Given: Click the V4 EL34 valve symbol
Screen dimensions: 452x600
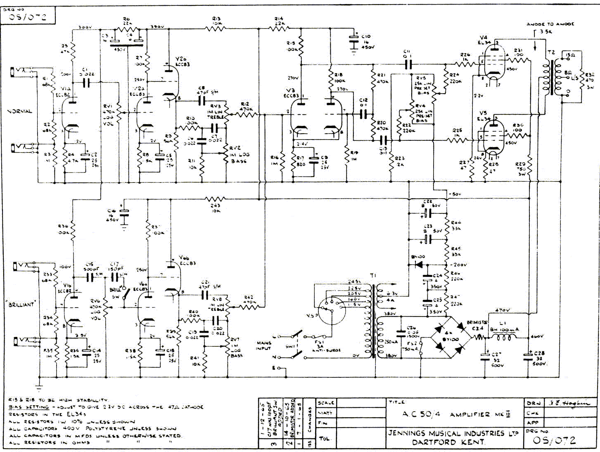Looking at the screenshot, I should click(x=493, y=62).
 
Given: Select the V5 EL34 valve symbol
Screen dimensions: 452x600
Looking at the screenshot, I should click(x=493, y=135).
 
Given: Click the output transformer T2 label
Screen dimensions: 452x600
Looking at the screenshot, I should click(x=551, y=52).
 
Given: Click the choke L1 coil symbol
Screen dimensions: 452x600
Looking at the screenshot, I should click(x=503, y=338).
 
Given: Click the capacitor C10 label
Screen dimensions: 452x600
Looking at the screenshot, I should click(x=366, y=36).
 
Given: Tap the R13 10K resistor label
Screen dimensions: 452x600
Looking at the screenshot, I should click(x=216, y=21).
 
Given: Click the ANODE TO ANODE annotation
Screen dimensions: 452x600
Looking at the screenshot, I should click(x=550, y=24).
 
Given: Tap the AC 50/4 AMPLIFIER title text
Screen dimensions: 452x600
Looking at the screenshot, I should click(x=456, y=414).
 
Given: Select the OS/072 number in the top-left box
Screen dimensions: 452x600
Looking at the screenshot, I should click(x=27, y=17).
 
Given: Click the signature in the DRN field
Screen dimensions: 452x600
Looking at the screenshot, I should click(x=569, y=403).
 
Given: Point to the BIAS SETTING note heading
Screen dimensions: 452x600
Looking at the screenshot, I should click(x=28, y=407).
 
